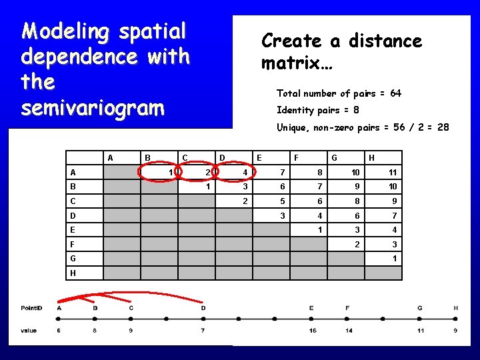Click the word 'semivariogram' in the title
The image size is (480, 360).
(93, 108)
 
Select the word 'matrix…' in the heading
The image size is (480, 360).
(301, 65)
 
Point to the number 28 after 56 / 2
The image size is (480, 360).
(442, 127)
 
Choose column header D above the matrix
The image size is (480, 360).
(222, 158)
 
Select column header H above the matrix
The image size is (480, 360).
(371, 158)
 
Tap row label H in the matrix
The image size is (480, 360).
(72, 273)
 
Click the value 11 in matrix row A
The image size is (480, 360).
(393, 172)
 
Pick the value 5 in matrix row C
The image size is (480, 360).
(283, 201)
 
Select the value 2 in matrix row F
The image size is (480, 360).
(358, 244)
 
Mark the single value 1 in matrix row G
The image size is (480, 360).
(395, 259)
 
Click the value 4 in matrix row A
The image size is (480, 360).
(245, 172)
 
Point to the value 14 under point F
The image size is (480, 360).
(347, 331)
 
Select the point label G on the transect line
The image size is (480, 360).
(419, 308)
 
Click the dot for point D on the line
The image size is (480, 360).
(203, 319)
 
